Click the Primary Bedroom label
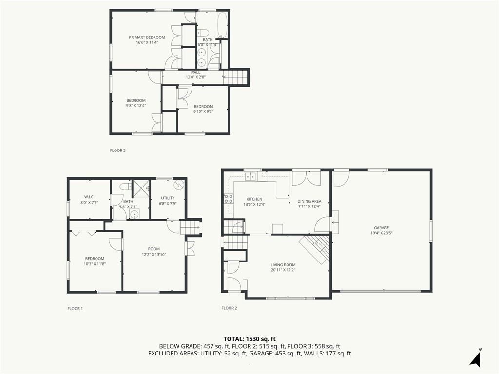(147, 37)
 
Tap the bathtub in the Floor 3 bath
(222, 25)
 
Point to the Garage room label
(381, 228)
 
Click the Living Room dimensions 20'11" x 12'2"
(283, 270)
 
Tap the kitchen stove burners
(229, 199)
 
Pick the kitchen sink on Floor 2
(251, 176)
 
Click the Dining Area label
(309, 201)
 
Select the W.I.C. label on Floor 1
(89, 197)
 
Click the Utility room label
(168, 198)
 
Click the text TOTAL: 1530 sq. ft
(249, 339)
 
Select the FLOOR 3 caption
(118, 150)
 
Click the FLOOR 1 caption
(75, 308)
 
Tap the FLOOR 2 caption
(230, 308)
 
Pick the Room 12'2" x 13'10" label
(154, 252)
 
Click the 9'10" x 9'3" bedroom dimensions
(203, 112)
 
